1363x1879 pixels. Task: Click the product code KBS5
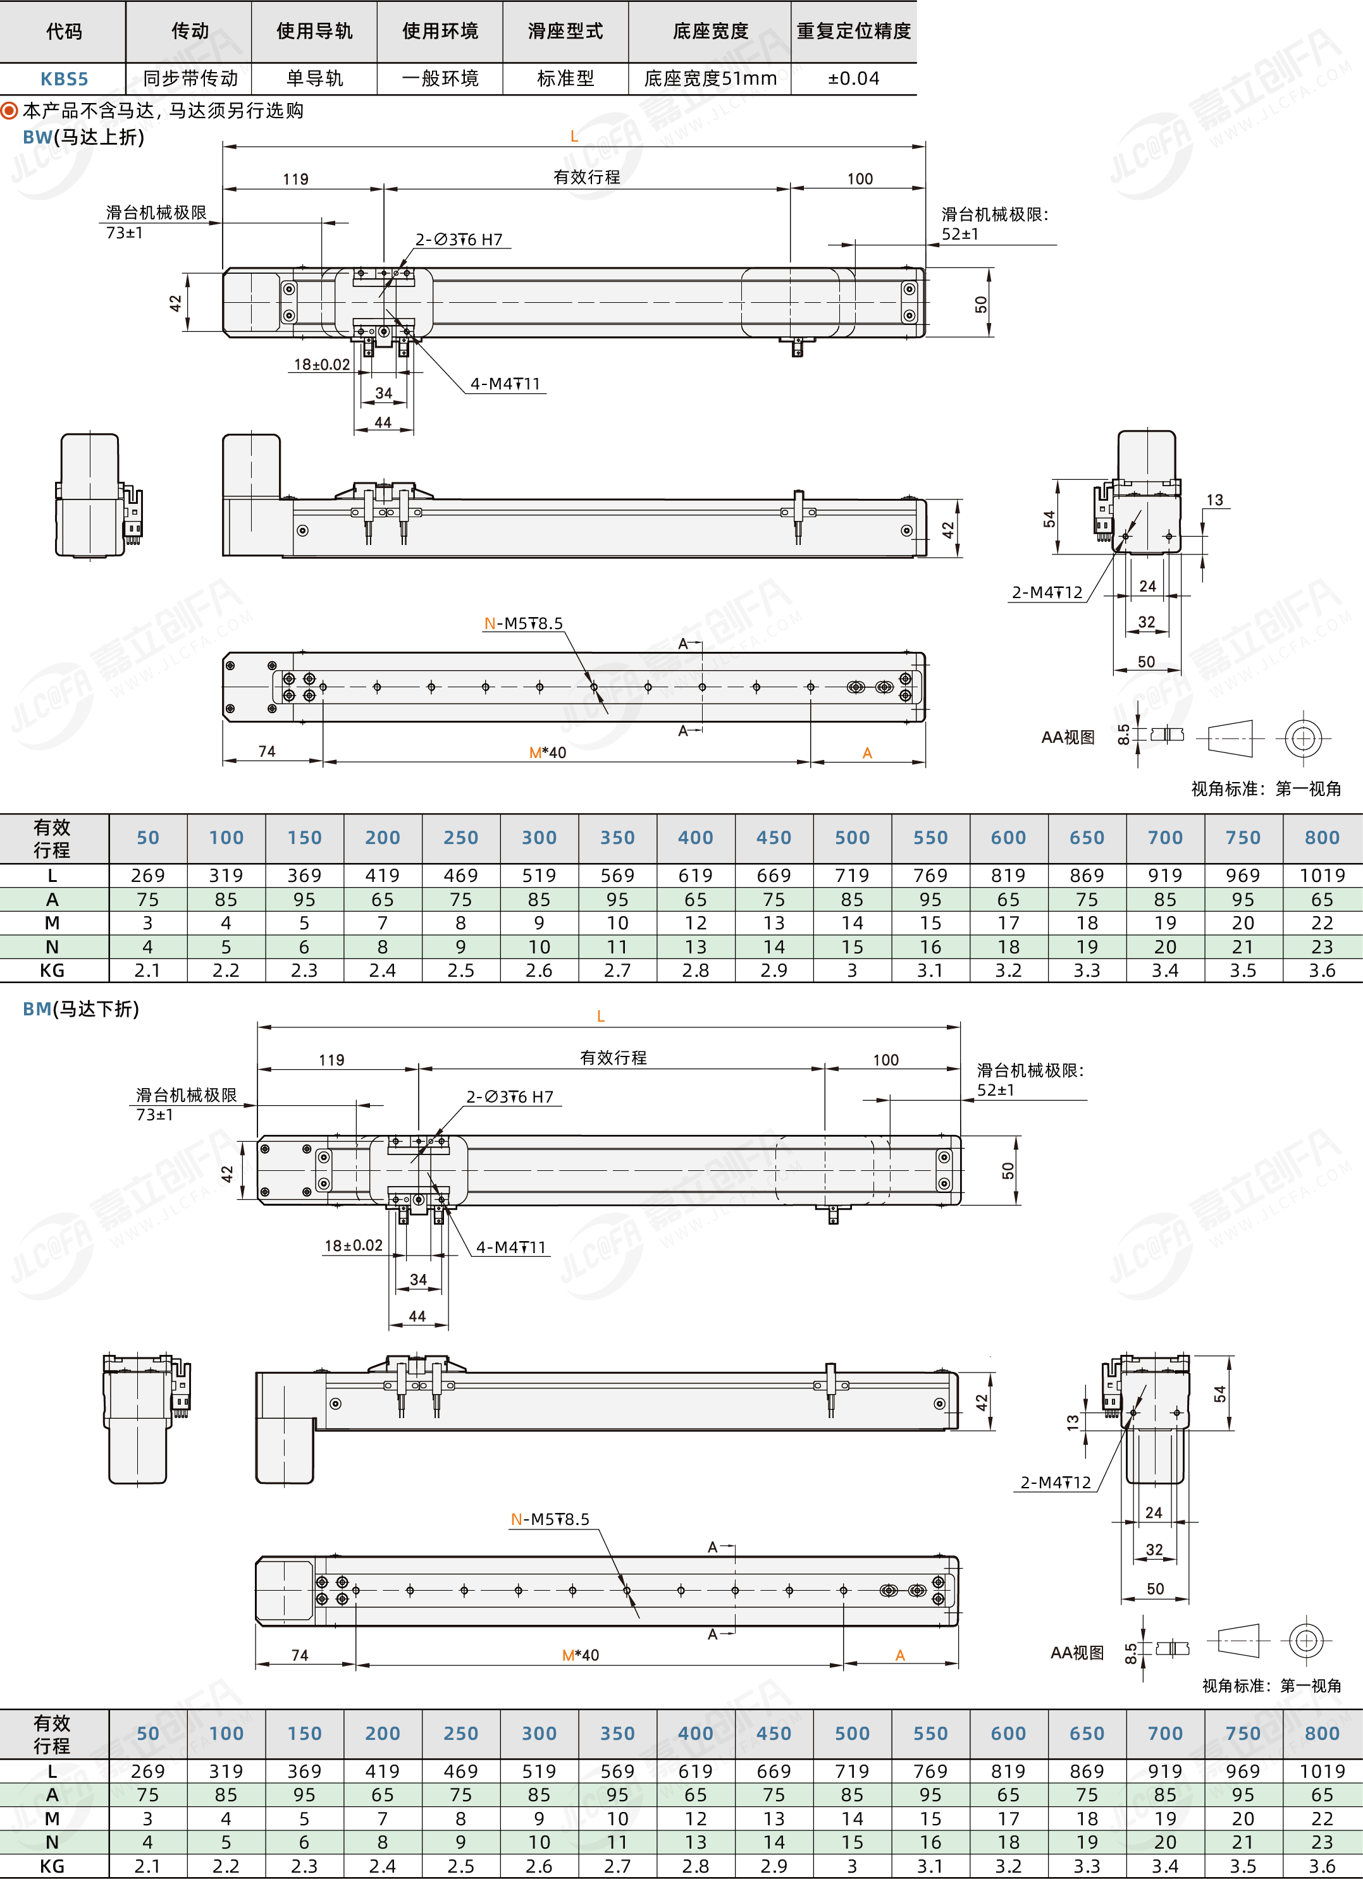point(64,78)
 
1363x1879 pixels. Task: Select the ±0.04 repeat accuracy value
point(853,78)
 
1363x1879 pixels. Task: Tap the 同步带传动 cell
point(190,78)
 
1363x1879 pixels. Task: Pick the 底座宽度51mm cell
point(710,78)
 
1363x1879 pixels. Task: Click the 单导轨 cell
point(315,78)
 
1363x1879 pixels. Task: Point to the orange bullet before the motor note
point(10,110)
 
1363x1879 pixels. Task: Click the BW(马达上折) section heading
point(83,137)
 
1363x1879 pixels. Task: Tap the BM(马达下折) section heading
point(80,1008)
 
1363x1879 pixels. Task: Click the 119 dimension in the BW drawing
point(296,179)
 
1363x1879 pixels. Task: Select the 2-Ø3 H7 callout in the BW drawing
point(459,240)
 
